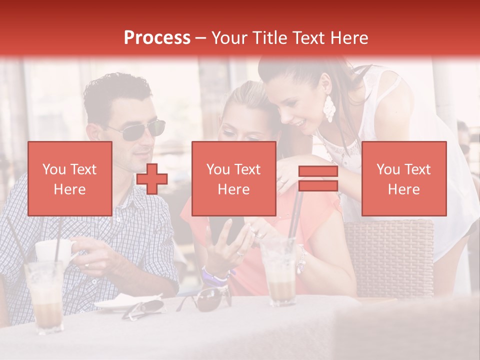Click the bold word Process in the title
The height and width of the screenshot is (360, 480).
[157, 37]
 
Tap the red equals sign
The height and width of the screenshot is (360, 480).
[318, 178]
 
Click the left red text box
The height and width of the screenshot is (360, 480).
[69, 178]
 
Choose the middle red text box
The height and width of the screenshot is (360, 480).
[233, 178]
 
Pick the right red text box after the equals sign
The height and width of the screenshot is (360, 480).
[403, 178]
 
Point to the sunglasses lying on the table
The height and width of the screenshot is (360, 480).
[206, 299]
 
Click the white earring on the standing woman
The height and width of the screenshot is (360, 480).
[329, 108]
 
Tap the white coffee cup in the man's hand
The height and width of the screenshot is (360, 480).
[53, 250]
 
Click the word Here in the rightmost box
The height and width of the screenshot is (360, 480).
[403, 189]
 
